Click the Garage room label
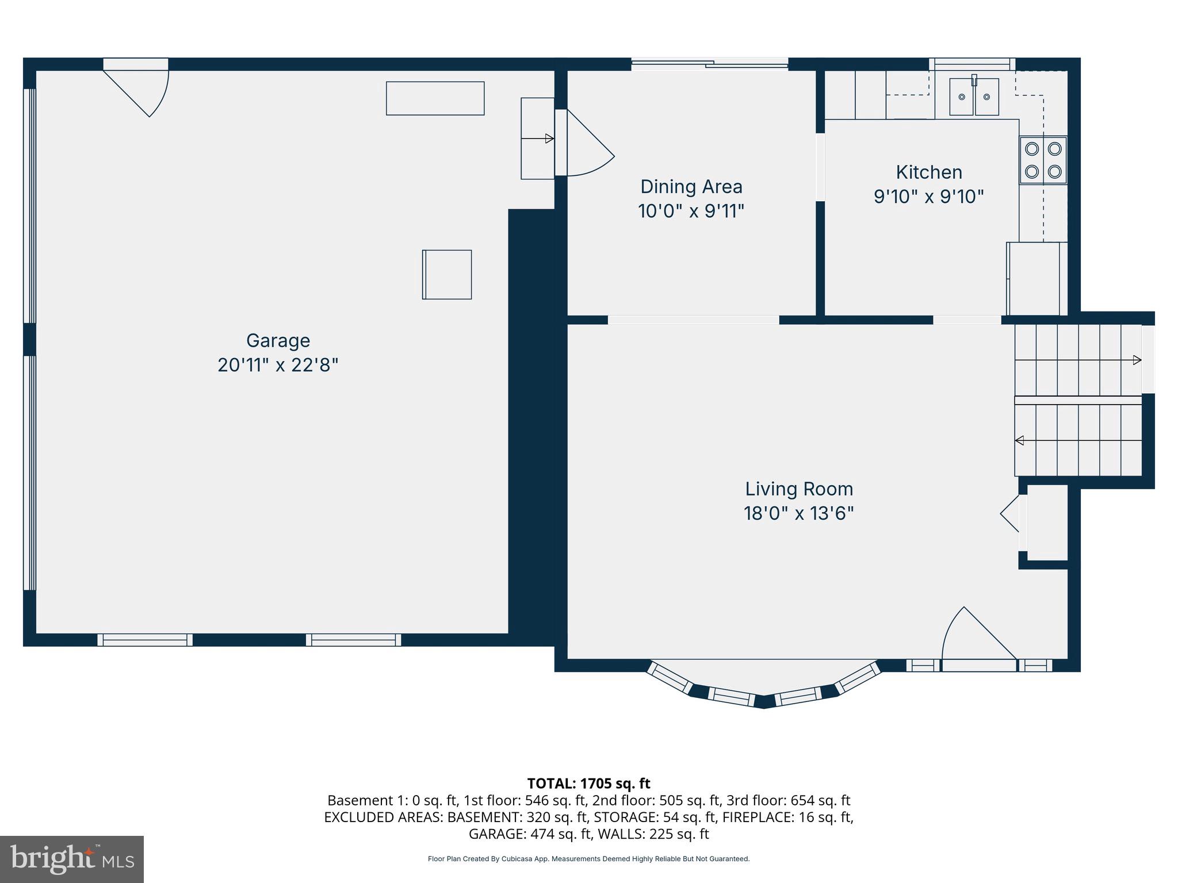278,340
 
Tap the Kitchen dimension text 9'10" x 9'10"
928,197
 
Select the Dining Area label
691,186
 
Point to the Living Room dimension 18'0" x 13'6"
798,513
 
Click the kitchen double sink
973,97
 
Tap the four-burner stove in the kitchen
1043,160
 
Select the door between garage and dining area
587,144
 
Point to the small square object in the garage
447,274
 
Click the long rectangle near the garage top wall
435,98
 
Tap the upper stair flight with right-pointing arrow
1077,360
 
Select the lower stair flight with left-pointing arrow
1077,440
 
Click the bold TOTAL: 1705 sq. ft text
588,783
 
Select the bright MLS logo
72,859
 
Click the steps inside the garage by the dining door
537,139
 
